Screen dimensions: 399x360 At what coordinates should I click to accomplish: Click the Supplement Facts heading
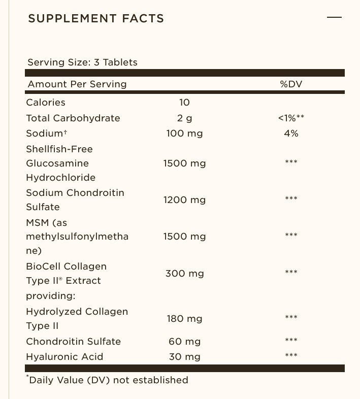tap(96, 19)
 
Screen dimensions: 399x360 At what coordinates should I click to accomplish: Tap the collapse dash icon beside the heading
tap(334, 17)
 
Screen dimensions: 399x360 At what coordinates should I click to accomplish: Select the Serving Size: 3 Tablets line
tap(82, 62)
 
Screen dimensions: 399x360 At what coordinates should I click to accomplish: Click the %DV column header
tap(291, 84)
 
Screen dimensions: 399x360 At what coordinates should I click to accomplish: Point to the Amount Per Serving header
tap(77, 84)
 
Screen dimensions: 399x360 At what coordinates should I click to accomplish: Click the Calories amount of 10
tap(184, 102)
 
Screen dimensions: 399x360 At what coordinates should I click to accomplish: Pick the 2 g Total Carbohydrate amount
tap(184, 118)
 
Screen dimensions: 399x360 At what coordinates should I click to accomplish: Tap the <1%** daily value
tap(291, 118)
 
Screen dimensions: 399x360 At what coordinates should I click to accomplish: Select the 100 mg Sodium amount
tap(184, 134)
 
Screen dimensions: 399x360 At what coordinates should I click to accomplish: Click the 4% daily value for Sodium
tap(291, 134)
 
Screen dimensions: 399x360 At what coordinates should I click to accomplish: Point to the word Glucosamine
tap(57, 163)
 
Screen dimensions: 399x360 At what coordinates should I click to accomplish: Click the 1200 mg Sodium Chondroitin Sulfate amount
tap(184, 199)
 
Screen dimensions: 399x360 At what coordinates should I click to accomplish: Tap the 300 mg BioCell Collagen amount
tap(184, 273)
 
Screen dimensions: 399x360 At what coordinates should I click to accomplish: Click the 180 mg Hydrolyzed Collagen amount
tap(184, 318)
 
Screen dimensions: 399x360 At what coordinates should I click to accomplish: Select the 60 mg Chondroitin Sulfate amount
tap(184, 341)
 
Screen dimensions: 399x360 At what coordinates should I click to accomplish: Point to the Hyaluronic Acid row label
tap(64, 356)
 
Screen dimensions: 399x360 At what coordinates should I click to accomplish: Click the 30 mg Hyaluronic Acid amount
tap(184, 356)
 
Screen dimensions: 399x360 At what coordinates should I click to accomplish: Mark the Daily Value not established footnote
tap(107, 380)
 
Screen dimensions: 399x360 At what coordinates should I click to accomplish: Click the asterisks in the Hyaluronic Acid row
tap(291, 355)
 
